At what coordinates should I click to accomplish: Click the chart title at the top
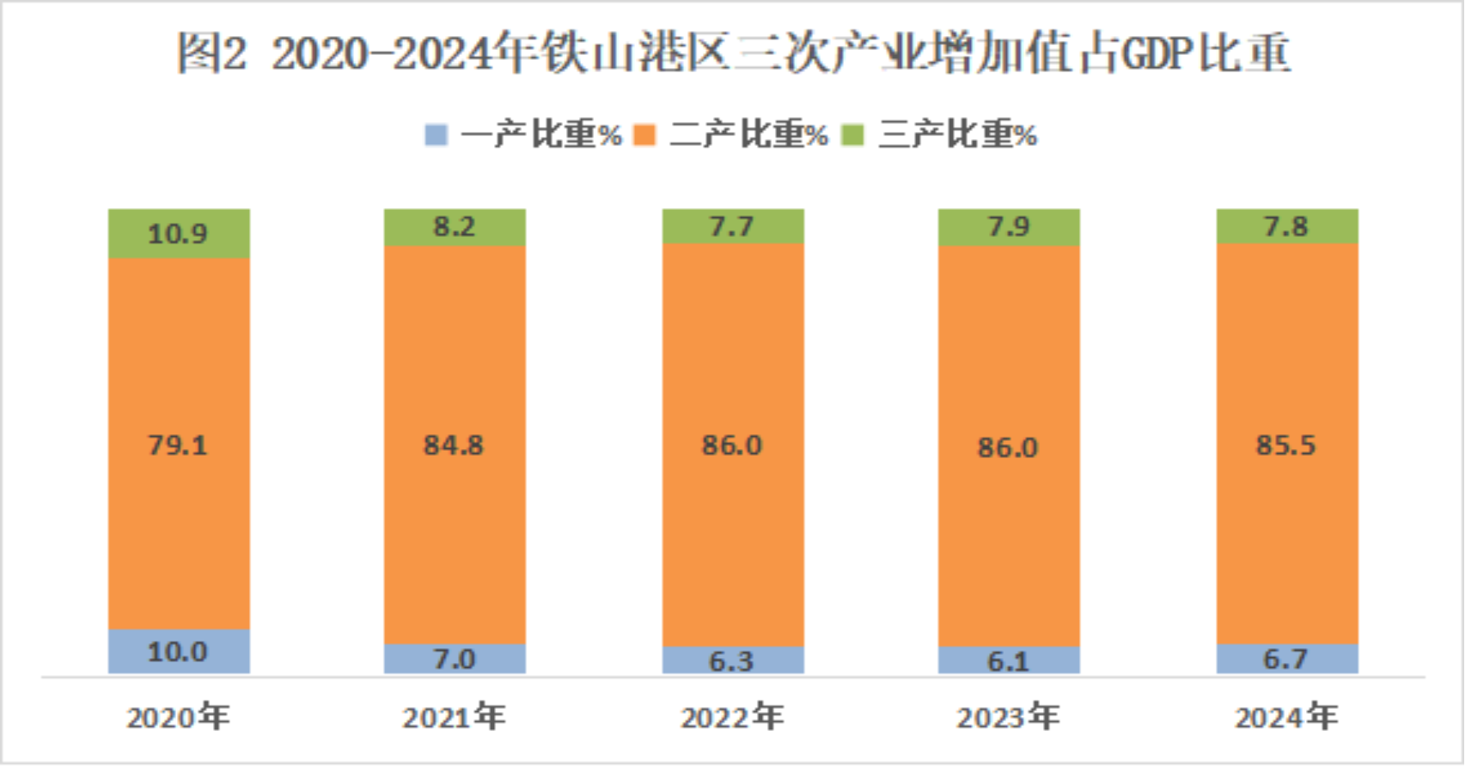(733, 54)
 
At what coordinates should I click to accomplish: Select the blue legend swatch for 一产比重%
(436, 134)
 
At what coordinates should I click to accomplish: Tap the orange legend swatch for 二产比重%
(645, 134)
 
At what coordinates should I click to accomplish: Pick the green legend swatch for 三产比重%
(853, 134)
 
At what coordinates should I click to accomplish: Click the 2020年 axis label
(178, 718)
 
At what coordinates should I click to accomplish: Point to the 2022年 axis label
(732, 718)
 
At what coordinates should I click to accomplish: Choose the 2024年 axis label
(1286, 718)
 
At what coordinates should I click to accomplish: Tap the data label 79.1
(178, 445)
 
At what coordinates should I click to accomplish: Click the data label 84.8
(454, 445)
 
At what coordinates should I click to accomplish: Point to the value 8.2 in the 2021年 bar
(454, 227)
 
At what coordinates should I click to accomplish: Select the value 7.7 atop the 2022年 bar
(732, 227)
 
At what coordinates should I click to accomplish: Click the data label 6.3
(732, 661)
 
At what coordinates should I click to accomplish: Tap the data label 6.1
(1008, 661)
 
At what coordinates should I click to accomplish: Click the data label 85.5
(1286, 445)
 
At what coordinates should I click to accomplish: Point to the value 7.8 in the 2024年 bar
(1286, 227)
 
